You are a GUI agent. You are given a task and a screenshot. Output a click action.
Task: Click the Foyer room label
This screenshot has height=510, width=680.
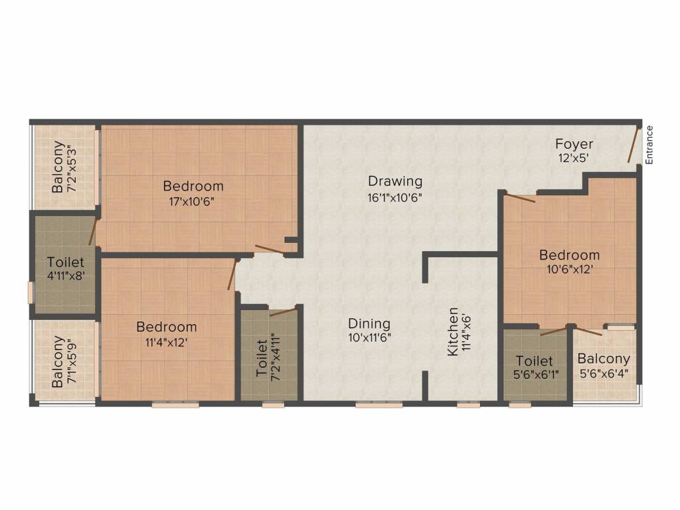574,143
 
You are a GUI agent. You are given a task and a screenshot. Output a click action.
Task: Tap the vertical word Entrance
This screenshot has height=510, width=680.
649,145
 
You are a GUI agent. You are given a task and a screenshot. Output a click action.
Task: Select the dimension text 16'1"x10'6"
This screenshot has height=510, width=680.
394,197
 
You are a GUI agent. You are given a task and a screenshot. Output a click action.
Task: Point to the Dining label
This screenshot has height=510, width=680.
369,323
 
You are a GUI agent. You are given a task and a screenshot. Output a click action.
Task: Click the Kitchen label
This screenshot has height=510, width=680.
452,332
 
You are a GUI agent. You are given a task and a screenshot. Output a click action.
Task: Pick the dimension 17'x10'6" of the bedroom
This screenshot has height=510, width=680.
192,201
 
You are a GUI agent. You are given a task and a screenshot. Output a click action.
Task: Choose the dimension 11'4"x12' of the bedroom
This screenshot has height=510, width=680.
166,343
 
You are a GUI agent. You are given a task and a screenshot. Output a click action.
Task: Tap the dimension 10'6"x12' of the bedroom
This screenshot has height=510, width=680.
569,270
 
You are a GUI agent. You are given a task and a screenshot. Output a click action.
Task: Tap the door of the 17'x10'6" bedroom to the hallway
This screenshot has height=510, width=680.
269,249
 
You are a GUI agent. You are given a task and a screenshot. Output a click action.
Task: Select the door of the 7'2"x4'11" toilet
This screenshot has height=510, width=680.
283,311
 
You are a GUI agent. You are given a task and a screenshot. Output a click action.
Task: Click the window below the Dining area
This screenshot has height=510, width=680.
379,405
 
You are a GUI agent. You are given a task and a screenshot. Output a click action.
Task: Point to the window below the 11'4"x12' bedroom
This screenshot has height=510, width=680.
175,405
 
